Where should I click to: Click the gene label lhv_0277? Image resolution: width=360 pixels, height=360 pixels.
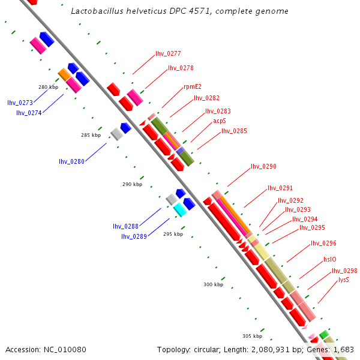tap(168, 53)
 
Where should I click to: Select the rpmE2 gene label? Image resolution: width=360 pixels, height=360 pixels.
tap(192, 86)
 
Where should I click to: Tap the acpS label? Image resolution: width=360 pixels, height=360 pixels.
tap(220, 121)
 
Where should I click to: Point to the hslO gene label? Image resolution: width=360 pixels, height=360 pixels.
tap(330, 259)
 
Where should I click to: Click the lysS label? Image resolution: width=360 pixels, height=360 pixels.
tap(344, 280)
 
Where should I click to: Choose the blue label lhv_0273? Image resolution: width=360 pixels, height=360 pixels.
tap(20, 103)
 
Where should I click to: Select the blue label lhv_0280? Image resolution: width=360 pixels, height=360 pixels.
tap(71, 161)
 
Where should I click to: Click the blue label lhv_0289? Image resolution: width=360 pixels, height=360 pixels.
tap(134, 236)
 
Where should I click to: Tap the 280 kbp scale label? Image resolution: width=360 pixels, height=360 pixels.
tap(48, 87)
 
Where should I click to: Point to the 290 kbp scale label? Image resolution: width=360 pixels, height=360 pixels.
tap(132, 184)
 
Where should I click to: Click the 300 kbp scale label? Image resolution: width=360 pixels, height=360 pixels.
tap(213, 284)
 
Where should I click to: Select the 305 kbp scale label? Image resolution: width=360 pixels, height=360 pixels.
tap(252, 336)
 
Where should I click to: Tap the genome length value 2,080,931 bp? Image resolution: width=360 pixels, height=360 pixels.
tap(282, 349)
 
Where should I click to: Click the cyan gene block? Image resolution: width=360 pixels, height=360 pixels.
tap(180, 209)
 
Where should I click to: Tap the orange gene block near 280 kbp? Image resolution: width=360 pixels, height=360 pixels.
tap(64, 74)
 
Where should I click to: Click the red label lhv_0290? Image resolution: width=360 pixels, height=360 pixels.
tap(263, 166)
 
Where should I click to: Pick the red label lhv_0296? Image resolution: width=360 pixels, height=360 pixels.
tap(323, 243)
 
